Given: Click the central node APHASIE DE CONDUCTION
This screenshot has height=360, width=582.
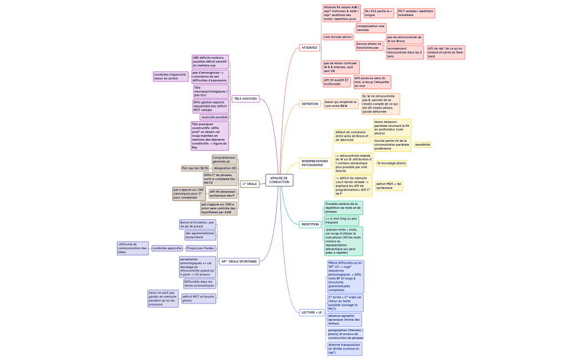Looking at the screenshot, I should coord(279,181).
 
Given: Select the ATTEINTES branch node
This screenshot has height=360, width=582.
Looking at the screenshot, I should coord(309,48).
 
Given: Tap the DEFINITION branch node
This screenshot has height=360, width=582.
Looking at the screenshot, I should coord(309,104).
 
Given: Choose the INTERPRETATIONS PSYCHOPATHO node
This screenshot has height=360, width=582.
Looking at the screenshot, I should coord(315,163).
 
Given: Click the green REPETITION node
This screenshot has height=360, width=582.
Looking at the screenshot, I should coord(310,224).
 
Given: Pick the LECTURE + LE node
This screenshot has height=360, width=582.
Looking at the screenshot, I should coord(312,312).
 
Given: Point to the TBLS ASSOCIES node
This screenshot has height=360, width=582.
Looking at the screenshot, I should coord(245,99).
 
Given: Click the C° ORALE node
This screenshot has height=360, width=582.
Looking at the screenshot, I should coord(249,184).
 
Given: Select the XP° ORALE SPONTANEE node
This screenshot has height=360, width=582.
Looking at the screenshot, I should coord(238,261).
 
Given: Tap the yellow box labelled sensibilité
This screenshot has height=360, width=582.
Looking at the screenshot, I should coord(422,145).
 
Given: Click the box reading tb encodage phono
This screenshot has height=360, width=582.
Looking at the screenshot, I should coord(391,163).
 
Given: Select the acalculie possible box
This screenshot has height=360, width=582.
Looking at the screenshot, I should coord(215,117).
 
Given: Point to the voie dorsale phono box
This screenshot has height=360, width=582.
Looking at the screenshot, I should coord(338,37).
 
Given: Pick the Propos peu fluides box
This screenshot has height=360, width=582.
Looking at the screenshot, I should coord(200,248).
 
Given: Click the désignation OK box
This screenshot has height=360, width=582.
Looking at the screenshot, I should coord(224,168).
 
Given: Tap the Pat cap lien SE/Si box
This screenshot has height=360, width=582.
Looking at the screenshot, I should coord(195,168).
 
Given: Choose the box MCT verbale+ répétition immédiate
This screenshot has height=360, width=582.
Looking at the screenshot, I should coord(416,13).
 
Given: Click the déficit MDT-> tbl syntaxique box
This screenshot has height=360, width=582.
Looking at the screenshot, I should coord(389,186).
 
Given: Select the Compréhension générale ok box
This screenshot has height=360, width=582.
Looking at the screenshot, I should coord(224,160).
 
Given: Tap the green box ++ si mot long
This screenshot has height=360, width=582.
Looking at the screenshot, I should coord(341,220).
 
